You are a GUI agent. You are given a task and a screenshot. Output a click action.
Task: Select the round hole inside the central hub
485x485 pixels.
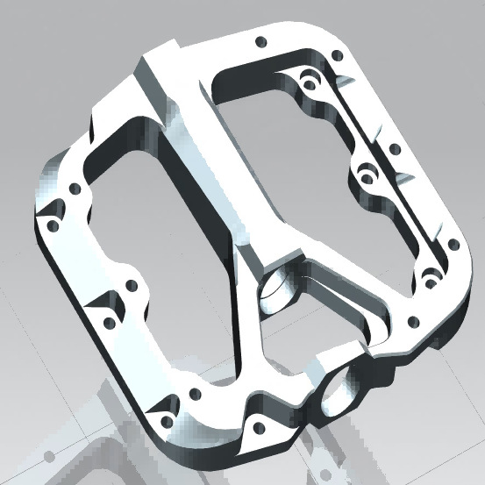[x=279, y=292]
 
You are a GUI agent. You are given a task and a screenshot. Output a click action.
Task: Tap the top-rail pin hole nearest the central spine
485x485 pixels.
[x=259, y=41]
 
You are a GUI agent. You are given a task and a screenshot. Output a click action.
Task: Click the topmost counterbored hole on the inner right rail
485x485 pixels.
[x=307, y=83]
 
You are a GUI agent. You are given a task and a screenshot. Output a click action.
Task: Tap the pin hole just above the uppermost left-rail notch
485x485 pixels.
[x=75, y=188]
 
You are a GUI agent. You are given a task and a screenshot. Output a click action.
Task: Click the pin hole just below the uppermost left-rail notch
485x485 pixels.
[x=53, y=225]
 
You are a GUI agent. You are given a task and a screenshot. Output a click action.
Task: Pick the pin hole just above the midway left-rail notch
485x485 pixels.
[x=132, y=285]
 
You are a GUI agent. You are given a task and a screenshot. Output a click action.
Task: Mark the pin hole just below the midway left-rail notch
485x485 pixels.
[x=109, y=323]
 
